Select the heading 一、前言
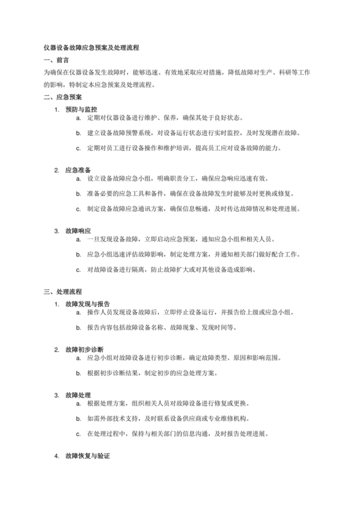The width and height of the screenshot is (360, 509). coord(56,60)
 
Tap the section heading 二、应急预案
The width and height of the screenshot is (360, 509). coord(62,97)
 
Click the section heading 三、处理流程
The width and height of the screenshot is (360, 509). coord(62,291)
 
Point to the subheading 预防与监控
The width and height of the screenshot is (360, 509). coord(82,109)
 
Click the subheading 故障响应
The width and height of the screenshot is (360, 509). coord(78,230)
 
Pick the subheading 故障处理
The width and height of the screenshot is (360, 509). coord(78,395)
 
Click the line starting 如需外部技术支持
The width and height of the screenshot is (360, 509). coord(167,418)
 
